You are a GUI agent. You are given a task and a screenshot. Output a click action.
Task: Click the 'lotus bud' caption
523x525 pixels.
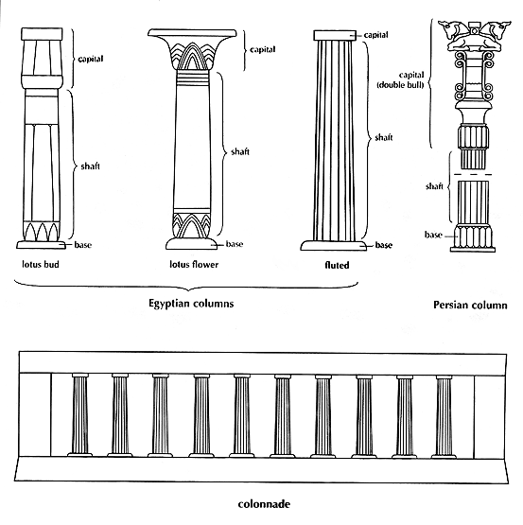(41, 265)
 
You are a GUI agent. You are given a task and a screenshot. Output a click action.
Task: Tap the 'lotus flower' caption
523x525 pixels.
(194, 265)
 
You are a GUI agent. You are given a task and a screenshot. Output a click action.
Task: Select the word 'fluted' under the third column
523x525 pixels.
(337, 265)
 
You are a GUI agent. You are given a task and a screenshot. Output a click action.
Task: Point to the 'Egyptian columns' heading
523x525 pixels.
(191, 304)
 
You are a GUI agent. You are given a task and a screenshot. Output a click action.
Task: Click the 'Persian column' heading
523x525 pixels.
(470, 305)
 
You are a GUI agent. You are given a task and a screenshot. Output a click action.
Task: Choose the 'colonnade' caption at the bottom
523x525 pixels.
(264, 504)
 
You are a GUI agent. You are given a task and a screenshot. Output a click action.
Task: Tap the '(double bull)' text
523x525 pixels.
(400, 85)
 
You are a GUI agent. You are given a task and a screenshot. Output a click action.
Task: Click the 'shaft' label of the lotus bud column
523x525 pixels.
(91, 166)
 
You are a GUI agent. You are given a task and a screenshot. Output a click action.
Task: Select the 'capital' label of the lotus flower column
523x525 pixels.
(263, 50)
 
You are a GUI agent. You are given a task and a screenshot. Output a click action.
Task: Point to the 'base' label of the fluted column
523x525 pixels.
(384, 245)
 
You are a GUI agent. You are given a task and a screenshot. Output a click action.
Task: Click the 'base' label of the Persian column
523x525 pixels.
(433, 235)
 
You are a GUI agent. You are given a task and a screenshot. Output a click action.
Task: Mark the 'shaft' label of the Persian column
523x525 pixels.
(434, 186)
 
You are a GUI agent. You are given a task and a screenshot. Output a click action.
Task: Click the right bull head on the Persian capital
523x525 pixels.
(500, 28)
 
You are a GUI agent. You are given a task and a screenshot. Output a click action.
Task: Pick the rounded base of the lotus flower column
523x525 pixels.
(192, 243)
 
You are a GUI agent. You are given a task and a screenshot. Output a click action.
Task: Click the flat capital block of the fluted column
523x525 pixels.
(335, 35)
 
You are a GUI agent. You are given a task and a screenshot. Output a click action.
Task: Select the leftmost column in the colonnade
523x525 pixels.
(80, 415)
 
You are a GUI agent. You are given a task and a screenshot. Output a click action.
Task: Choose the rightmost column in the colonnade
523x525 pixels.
(444, 416)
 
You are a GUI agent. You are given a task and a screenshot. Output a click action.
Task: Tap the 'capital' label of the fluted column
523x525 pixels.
(375, 35)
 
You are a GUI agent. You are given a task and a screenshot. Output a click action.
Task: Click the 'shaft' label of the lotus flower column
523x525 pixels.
(240, 152)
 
